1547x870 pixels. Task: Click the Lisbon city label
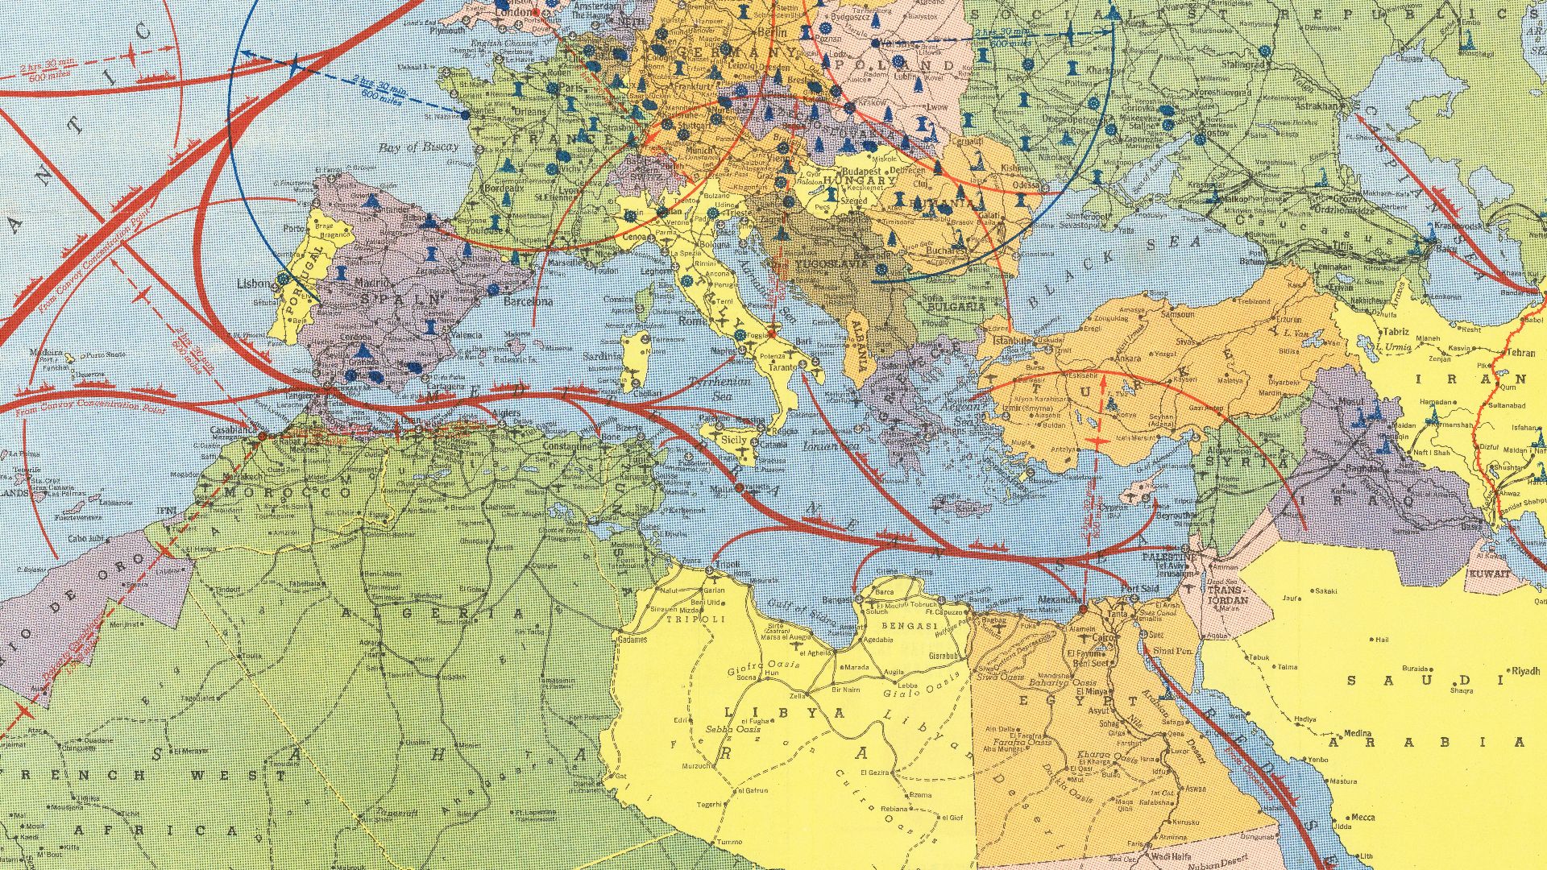point(255,284)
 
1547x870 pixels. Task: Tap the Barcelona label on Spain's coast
point(528,301)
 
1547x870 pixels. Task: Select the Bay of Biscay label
point(418,147)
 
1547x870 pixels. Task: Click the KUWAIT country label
point(1488,574)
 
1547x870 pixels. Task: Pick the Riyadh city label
point(1525,670)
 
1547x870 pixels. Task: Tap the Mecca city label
point(1362,818)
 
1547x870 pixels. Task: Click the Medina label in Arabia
point(1357,734)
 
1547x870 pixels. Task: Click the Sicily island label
point(734,440)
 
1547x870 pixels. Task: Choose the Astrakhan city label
point(1315,106)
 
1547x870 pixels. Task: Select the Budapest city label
point(863,172)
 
